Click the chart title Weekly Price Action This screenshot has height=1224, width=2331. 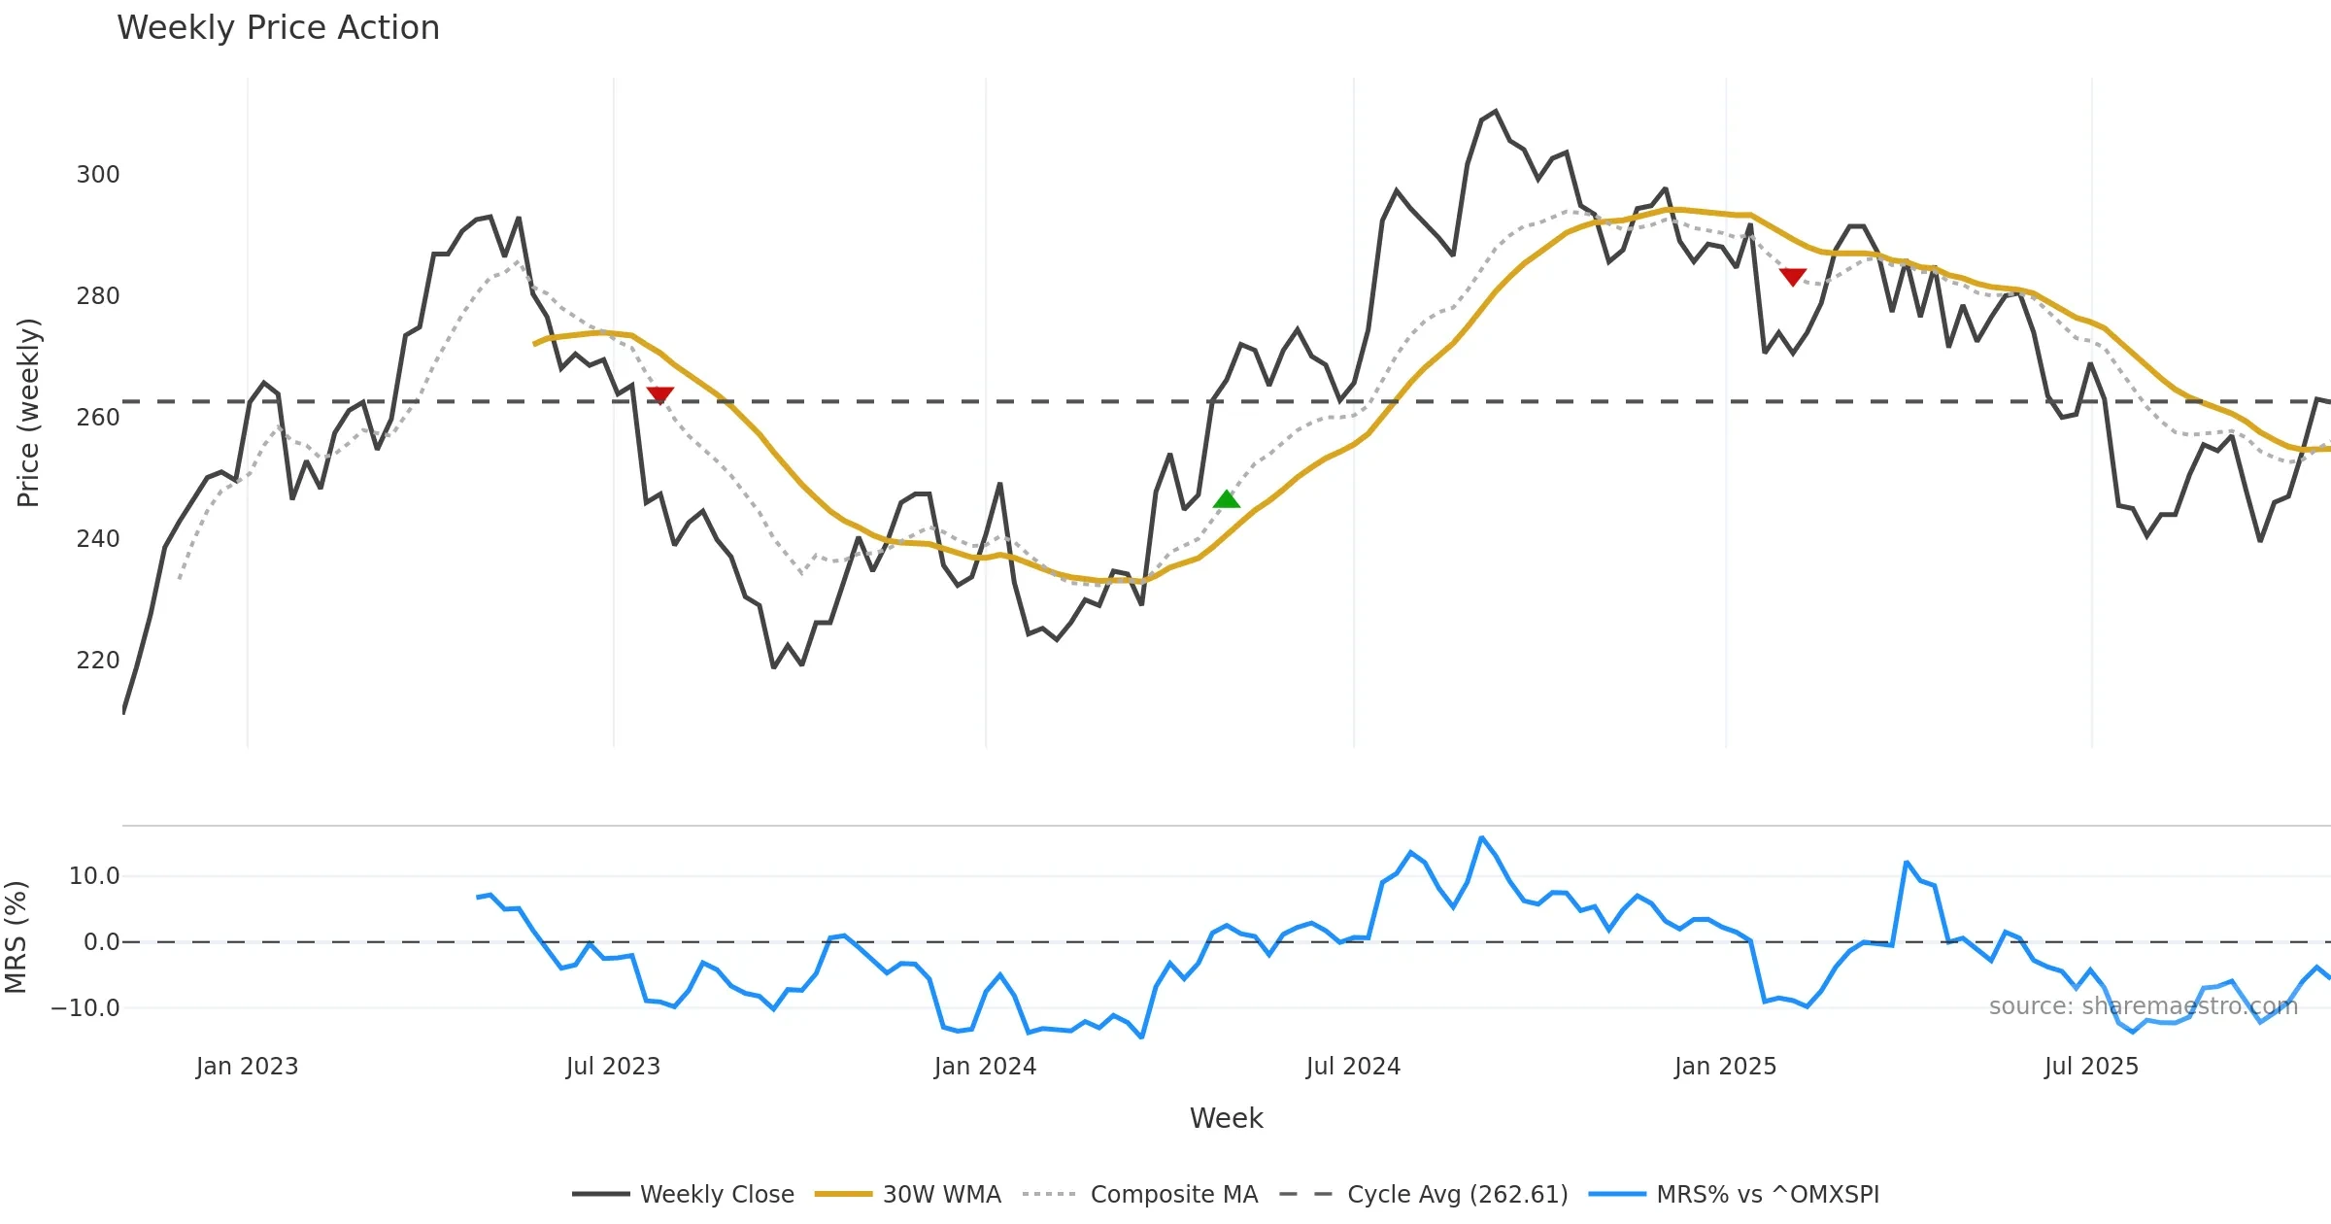pos(278,28)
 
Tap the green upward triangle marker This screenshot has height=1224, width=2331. pos(1227,499)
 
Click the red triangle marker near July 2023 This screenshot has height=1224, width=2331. pos(659,394)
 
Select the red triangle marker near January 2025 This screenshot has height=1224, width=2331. pos(1793,277)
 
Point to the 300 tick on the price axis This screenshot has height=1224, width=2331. pos(98,175)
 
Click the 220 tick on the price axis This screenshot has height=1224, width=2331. pos(98,661)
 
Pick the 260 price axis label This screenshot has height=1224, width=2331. pos(98,418)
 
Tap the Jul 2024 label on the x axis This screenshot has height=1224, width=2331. pos(1353,1067)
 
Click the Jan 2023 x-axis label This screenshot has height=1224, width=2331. pos(247,1067)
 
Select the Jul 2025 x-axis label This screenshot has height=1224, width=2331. pos(2091,1067)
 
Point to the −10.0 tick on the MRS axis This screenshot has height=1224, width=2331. pos(85,1008)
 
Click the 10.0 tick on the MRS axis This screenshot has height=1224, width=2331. pos(94,876)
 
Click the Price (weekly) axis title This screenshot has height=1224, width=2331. pos(29,413)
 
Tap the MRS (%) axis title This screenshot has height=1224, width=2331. pos(17,937)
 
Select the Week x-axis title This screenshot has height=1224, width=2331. pos(1226,1119)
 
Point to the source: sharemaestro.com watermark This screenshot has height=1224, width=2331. pos(2143,1006)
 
